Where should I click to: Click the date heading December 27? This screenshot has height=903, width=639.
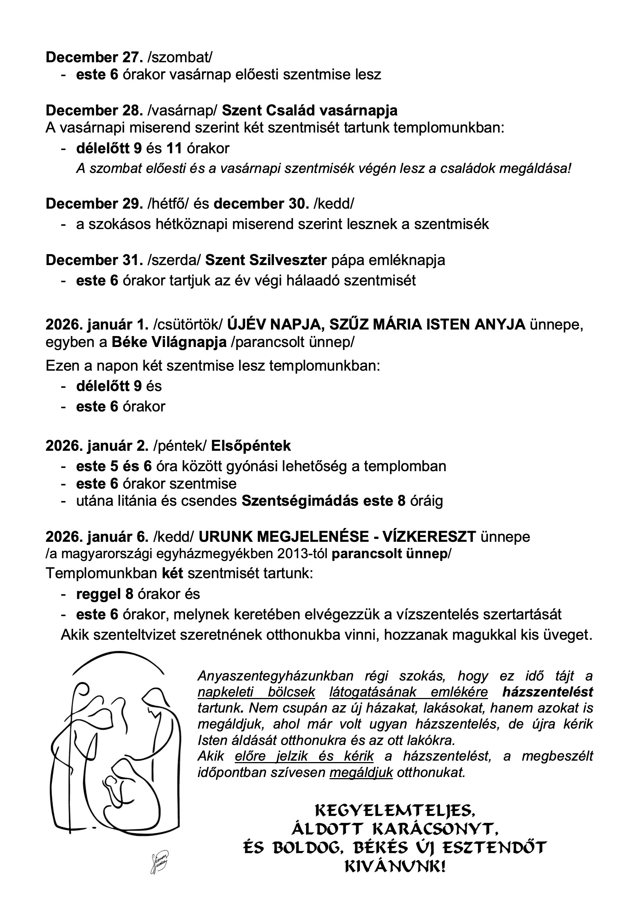tap(94, 58)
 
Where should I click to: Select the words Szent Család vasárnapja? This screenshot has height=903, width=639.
tap(309, 111)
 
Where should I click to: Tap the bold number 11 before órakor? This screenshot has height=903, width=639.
tap(174, 148)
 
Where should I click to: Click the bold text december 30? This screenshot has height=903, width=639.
tap(261, 204)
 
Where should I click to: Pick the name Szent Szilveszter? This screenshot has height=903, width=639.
tap(266, 260)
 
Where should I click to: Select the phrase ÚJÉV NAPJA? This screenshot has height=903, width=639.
tap(276, 325)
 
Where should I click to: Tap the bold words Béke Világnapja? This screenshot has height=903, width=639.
tap(169, 343)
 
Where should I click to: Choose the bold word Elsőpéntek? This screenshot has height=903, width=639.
tap(251, 446)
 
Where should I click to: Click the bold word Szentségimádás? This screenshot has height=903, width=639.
tap(300, 501)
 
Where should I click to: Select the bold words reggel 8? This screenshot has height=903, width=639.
tap(105, 594)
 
